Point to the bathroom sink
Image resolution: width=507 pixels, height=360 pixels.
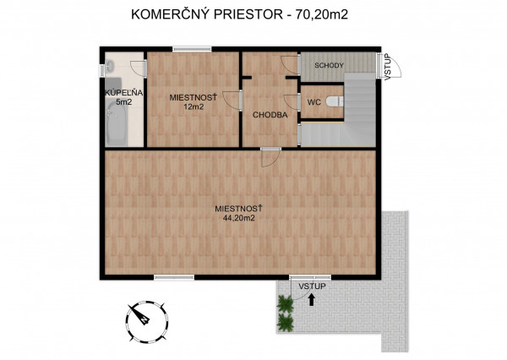(x=112, y=66)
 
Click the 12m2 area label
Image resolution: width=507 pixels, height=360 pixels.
(x=194, y=107)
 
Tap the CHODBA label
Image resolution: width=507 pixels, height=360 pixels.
(x=270, y=115)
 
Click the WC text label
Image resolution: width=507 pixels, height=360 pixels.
(x=313, y=101)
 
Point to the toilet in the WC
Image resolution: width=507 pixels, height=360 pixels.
(x=335, y=101)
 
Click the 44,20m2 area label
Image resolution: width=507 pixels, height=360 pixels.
(x=240, y=217)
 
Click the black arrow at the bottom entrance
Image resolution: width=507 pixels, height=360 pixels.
(x=312, y=298)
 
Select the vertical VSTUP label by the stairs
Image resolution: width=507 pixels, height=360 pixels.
(x=387, y=67)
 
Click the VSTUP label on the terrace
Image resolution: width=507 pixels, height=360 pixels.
(x=312, y=286)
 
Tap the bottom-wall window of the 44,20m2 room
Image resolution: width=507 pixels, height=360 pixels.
(x=175, y=277)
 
